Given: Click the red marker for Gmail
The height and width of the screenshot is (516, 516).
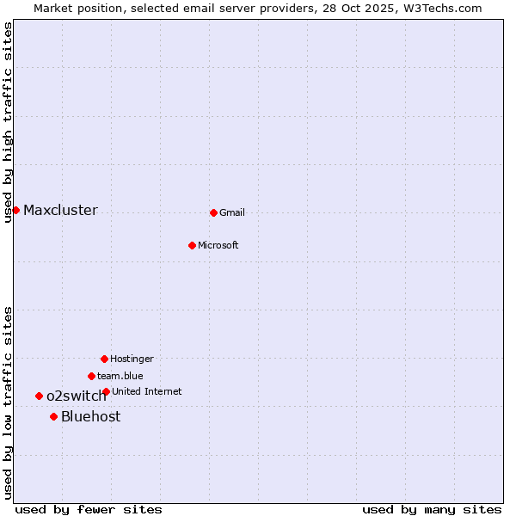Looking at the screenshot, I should click(213, 212).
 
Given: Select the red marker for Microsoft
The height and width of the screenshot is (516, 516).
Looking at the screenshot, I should click(192, 245).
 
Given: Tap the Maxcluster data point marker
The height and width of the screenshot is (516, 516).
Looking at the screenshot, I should click(15, 210).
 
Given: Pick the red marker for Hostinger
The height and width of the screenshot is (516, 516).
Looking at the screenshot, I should click(104, 359).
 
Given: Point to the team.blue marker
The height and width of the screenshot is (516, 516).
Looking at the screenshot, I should click(91, 376).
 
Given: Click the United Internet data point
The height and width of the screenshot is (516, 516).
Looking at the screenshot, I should click(106, 391).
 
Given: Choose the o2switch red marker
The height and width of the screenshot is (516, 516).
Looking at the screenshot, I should click(39, 396).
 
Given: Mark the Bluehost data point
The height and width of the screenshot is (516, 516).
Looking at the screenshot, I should click(53, 416).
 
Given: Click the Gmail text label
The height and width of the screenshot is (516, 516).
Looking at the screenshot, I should click(232, 212).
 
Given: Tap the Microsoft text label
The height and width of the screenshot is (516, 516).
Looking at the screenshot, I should click(218, 245).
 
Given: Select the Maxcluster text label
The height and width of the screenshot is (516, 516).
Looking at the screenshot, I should click(60, 210).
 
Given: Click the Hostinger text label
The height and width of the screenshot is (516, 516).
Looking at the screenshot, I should click(132, 359).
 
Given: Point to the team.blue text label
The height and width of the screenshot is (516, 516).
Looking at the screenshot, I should click(120, 376).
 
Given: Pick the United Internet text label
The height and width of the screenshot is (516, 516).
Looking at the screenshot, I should click(147, 391).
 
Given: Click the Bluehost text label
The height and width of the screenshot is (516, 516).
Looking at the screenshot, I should click(90, 416).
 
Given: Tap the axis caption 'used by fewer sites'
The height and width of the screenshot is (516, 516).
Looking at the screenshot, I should click(89, 509).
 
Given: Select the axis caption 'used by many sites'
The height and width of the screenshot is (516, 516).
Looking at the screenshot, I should click(432, 509).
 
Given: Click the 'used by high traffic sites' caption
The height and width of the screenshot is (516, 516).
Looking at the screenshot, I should click(8, 122).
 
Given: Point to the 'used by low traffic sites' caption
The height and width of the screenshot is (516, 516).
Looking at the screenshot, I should click(8, 402).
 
